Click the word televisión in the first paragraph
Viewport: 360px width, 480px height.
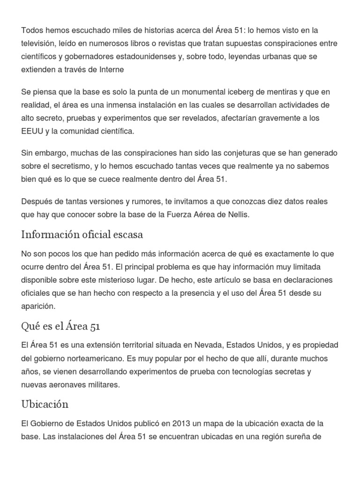(39, 44)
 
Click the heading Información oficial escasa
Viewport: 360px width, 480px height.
(82, 234)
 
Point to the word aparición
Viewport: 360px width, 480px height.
(38, 306)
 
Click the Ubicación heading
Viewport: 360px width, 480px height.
(45, 404)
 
